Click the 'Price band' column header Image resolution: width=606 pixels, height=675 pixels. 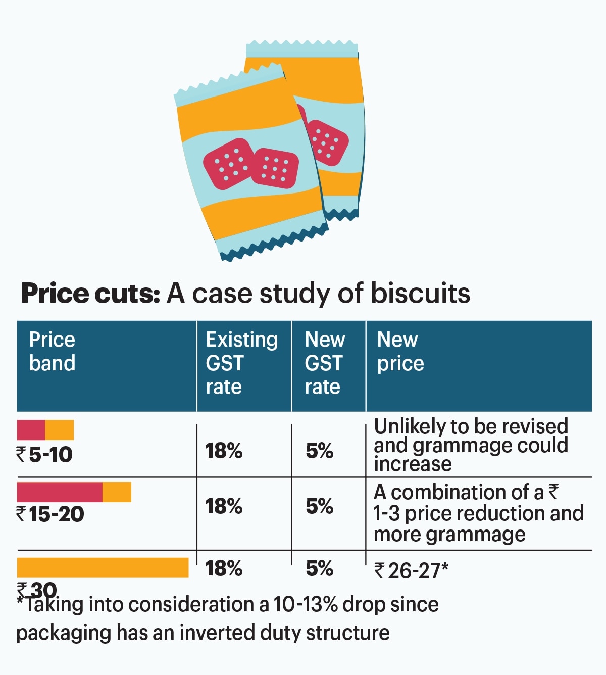point(53,351)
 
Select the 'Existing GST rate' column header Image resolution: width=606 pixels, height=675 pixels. point(241,363)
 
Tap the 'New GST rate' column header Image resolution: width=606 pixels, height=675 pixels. point(325,363)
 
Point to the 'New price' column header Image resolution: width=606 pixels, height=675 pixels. point(400,351)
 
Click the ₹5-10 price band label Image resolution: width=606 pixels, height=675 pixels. point(45,454)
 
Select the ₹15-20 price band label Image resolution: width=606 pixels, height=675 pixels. point(50,514)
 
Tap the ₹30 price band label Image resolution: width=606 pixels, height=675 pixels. point(37,589)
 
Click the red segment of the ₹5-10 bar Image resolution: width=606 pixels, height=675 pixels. point(31,429)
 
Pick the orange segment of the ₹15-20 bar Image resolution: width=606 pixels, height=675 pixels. point(117,492)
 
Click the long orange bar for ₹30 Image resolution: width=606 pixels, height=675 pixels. point(103,567)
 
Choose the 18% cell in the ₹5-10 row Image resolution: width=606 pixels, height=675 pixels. point(224,451)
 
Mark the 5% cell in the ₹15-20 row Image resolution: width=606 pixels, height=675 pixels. point(319,506)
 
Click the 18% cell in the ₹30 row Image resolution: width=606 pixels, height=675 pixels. point(224,568)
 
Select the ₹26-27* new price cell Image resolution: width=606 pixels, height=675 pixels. point(411,571)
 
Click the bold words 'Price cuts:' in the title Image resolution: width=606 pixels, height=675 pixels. point(90,294)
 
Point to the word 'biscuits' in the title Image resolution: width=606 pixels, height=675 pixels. point(420,294)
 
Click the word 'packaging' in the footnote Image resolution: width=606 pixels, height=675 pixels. point(63,633)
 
